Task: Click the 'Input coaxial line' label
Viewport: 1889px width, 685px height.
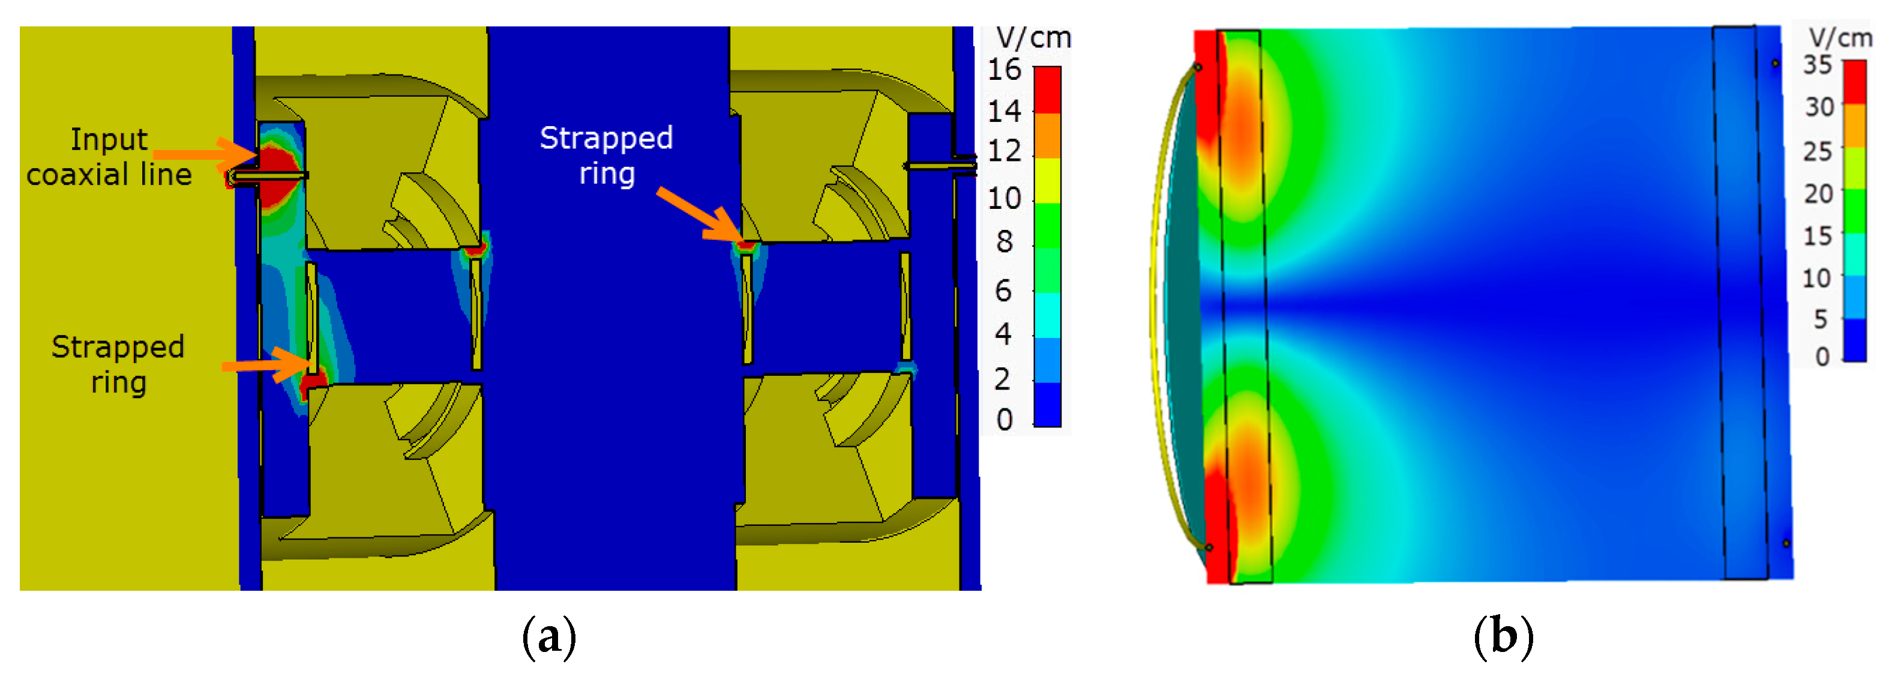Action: pos(109,157)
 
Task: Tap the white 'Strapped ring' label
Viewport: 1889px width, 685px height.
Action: pos(607,155)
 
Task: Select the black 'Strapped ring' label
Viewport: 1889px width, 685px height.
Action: pos(118,364)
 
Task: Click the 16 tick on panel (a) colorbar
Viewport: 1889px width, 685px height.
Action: pos(1004,70)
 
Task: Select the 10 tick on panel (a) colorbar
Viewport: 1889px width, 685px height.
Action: pos(1004,198)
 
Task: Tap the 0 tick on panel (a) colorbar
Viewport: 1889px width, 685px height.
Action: pos(1004,420)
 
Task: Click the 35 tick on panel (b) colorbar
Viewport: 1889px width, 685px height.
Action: pos(1818,65)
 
